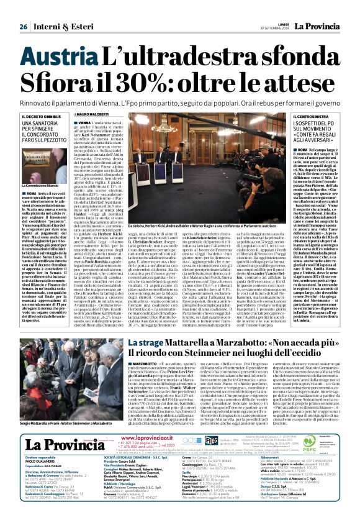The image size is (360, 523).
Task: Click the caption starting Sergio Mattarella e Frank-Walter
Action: [x=60, y=422]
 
